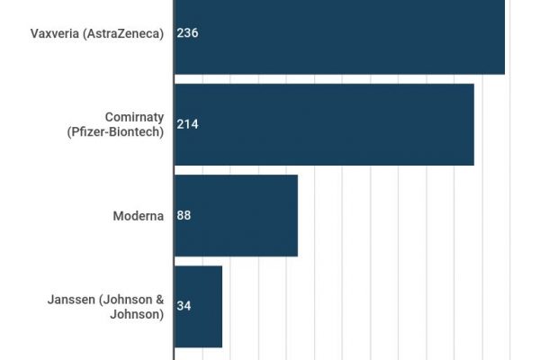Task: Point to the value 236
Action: tap(187, 33)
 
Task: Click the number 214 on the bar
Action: tap(187, 124)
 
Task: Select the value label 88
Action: tap(184, 215)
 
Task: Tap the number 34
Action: tap(184, 306)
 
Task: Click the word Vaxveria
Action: tap(57, 33)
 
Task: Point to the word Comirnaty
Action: tap(134, 117)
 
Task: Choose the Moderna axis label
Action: tap(138, 215)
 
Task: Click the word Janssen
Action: tap(69, 299)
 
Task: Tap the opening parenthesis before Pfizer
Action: tap(69, 132)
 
